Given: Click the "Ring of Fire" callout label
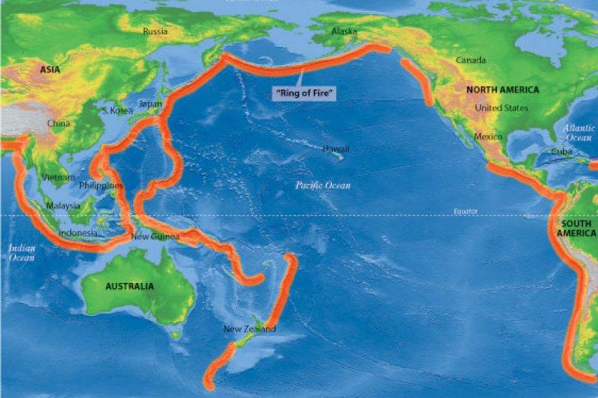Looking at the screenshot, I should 304,93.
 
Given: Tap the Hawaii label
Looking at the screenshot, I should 336,149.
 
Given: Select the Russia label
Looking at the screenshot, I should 155,31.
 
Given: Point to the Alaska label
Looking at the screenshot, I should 344,31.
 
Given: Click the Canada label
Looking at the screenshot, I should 471,60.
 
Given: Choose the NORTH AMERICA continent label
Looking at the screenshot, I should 502,90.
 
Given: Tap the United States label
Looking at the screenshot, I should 502,108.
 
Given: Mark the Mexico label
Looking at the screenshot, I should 487,137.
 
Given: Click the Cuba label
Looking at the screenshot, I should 561,152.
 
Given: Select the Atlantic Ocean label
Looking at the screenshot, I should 579,133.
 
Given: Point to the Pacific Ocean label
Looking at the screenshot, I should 322,185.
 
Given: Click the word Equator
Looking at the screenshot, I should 465,211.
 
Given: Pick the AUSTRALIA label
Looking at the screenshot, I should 129,286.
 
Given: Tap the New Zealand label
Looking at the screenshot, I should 250,329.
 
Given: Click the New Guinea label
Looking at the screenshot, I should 155,237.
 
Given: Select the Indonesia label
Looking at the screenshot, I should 78,233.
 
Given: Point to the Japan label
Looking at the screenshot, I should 150,105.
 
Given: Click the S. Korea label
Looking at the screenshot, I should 117,111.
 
